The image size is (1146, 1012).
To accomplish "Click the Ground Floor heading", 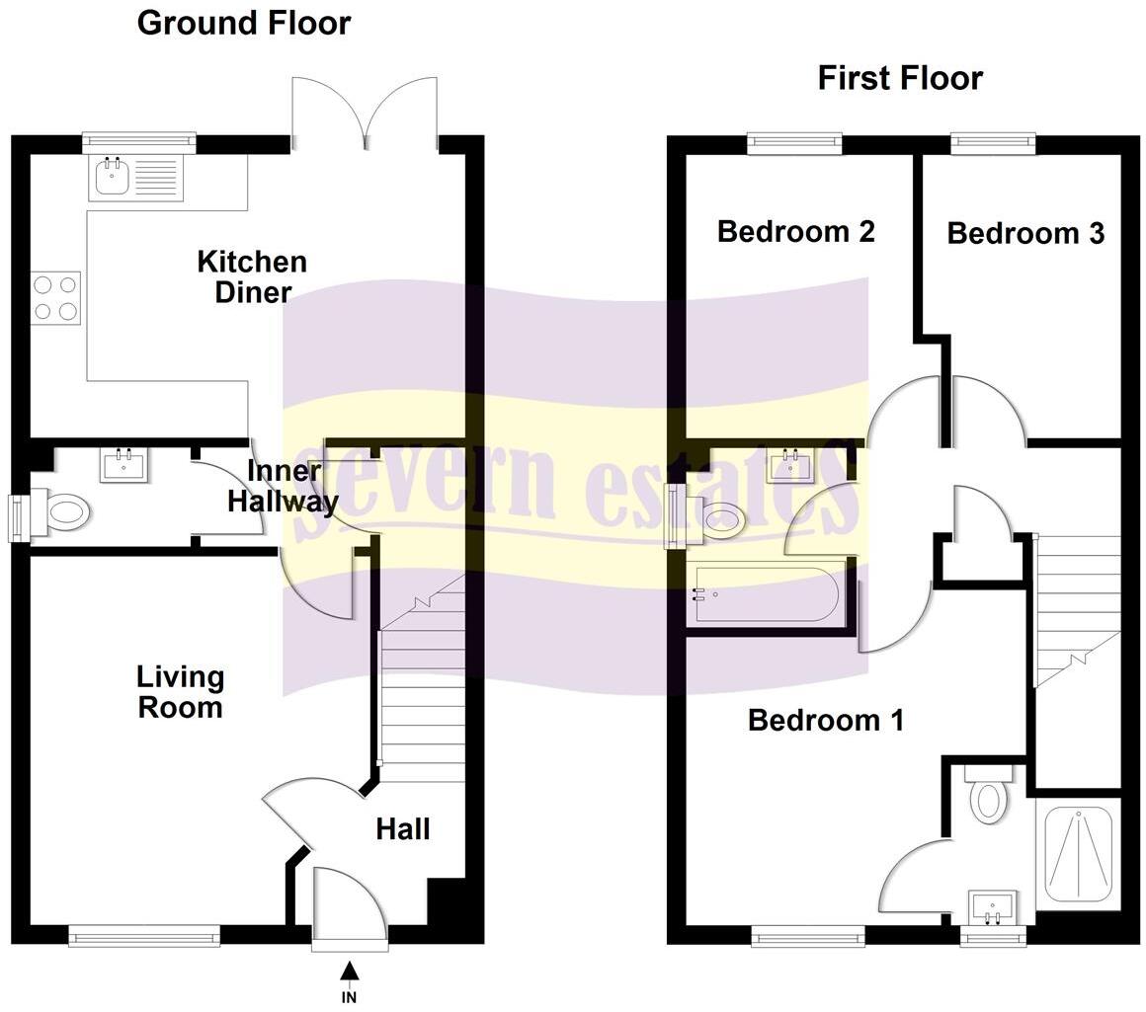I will (243, 23).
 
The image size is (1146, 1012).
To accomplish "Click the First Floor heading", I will (899, 78).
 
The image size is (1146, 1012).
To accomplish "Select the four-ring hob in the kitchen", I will (55, 298).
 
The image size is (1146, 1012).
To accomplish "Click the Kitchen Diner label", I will (252, 276).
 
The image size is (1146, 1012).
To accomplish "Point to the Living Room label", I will (180, 692).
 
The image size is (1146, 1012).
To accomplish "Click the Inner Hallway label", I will (283, 486).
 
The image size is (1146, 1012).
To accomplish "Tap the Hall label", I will (403, 828).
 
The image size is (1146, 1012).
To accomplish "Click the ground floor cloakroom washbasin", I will (124, 464).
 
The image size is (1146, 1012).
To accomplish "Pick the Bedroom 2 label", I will (795, 232).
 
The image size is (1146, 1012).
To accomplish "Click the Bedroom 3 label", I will (1024, 233).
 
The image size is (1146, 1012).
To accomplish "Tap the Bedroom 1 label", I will (825, 720).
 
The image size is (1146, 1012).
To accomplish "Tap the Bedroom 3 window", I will (994, 145).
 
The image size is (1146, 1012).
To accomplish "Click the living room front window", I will (144, 935).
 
